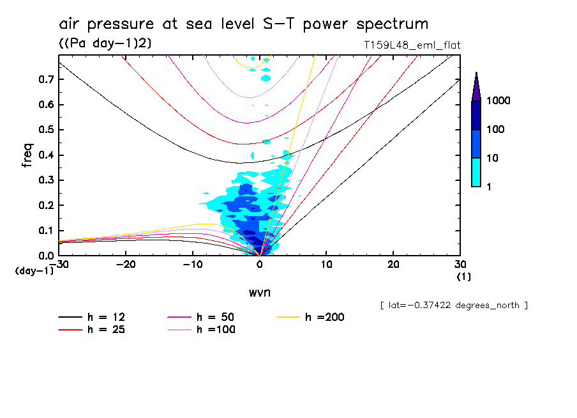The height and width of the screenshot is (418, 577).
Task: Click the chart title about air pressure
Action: (x=243, y=25)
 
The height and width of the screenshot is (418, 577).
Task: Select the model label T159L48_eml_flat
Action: (x=410, y=45)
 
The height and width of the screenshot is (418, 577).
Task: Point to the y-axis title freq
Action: (x=27, y=155)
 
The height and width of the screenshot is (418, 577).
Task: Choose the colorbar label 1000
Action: (x=500, y=101)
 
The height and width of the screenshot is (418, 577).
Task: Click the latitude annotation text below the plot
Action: (x=453, y=306)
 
